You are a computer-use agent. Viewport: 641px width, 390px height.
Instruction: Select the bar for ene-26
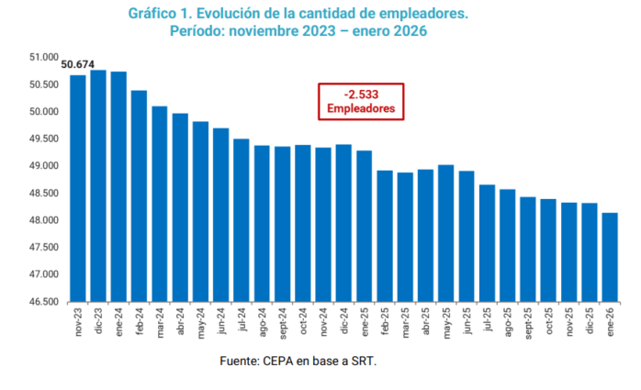click(x=609, y=257)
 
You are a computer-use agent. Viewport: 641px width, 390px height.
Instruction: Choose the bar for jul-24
click(x=242, y=220)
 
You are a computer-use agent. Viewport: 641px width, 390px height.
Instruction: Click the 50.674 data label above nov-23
click(x=76, y=65)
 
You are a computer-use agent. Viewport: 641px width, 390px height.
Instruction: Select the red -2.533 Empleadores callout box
click(x=361, y=100)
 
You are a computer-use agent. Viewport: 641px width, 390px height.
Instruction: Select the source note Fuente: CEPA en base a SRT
click(x=298, y=362)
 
